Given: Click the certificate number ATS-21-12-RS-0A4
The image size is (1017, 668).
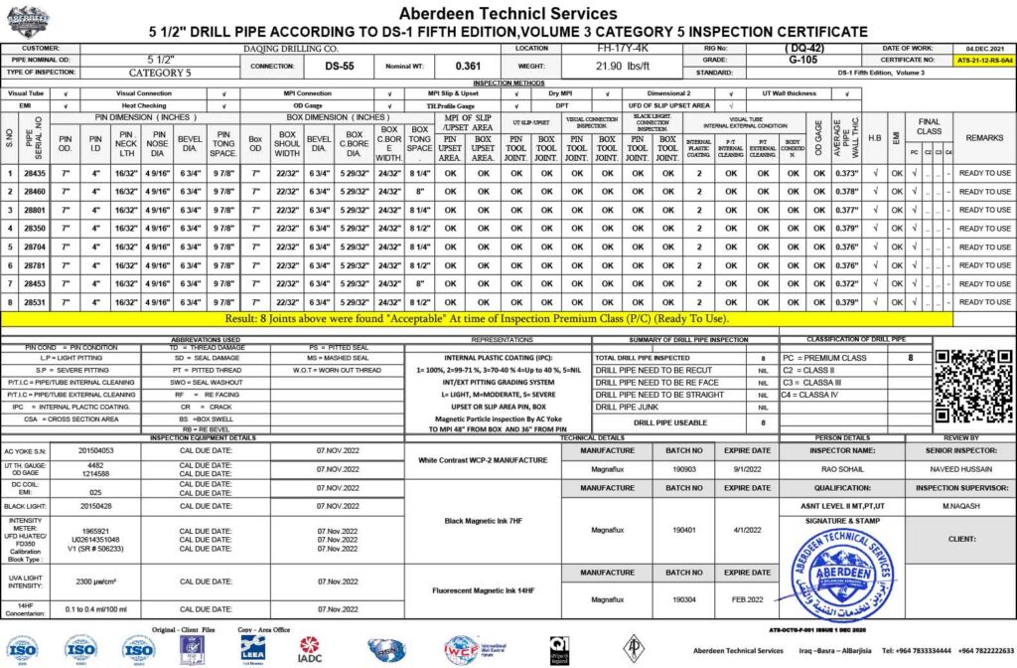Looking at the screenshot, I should [x=984, y=61].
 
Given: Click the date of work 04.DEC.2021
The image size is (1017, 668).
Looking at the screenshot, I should [x=984, y=48].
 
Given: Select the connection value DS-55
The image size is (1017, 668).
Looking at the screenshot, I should [x=340, y=67].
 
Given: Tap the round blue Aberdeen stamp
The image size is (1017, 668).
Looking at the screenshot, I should [x=827, y=576].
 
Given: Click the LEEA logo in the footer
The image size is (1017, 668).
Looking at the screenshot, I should [x=252, y=648].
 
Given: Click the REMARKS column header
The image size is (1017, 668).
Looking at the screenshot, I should [x=984, y=137].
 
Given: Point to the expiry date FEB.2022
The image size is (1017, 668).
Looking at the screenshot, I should [x=748, y=599].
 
